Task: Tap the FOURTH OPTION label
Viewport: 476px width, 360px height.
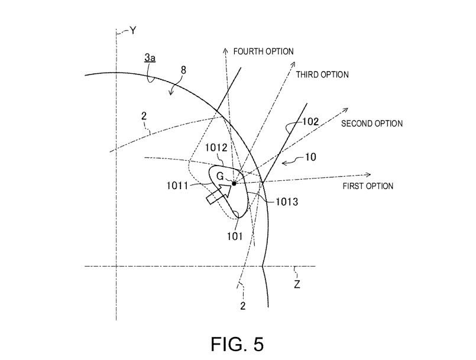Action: click(264, 51)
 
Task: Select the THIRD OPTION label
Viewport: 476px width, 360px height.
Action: click(322, 74)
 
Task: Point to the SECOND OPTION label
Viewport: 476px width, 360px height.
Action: click(372, 124)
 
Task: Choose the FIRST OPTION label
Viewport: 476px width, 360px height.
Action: click(368, 186)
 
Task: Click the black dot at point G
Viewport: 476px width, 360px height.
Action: click(234, 183)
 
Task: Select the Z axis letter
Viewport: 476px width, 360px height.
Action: click(297, 284)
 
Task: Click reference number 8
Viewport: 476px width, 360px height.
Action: click(183, 70)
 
